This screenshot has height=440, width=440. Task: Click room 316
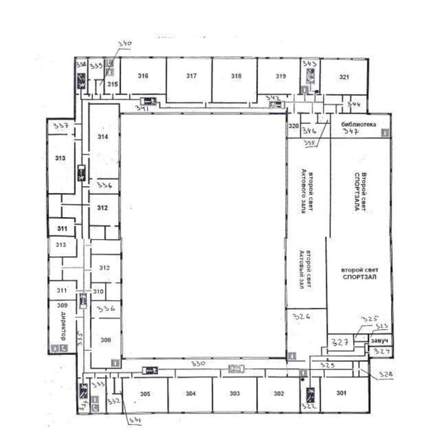click(x=143, y=76)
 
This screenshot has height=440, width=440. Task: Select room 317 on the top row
click(x=191, y=76)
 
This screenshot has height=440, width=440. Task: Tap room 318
click(x=236, y=76)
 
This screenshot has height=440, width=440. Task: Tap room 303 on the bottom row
click(x=235, y=394)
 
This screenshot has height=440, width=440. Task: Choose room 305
click(x=145, y=394)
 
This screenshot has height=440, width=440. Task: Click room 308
click(x=106, y=339)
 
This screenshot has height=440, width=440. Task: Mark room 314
click(x=103, y=137)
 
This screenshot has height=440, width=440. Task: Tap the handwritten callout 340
click(x=125, y=44)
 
